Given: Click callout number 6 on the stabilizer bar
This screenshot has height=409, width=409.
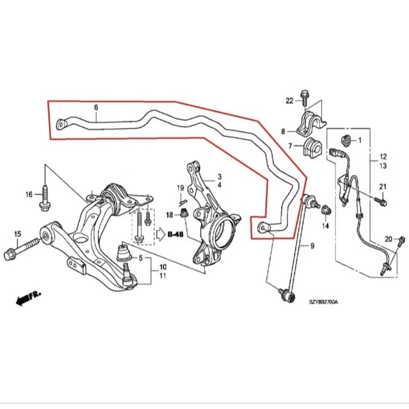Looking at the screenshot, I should pos(96,107).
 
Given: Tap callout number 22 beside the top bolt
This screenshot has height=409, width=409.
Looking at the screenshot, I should pos(289,100).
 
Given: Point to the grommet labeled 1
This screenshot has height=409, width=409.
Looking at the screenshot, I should pos(345,139).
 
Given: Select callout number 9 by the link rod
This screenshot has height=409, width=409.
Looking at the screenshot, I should pos(312,246).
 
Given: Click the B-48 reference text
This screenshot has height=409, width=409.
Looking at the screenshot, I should pos(175,235).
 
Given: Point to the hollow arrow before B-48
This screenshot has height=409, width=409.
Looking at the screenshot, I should pos(160,235).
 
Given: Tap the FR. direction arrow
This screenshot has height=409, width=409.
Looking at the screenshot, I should pos(28,299).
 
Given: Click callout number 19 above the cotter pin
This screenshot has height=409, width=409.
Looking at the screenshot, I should pos(180,188).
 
